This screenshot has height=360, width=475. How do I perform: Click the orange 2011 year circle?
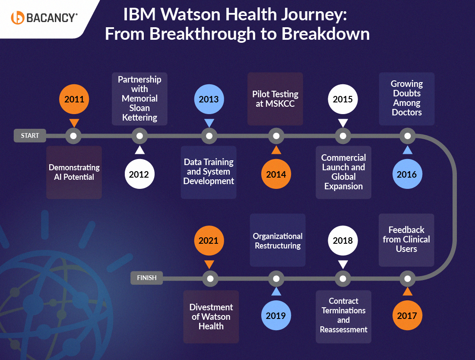(x=74, y=99)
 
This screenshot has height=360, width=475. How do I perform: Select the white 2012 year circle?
(x=139, y=174)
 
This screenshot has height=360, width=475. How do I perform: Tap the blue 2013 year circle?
(x=209, y=99)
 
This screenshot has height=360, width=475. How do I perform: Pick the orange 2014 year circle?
(x=276, y=174)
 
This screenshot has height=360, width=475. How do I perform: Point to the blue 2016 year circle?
(x=407, y=174)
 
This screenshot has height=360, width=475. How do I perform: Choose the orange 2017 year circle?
(x=407, y=315)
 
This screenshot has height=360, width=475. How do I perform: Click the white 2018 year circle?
(x=343, y=241)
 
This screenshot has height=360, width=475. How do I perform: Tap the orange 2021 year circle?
(x=209, y=241)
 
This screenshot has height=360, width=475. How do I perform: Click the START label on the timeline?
(x=30, y=136)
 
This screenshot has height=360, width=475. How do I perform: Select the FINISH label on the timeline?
(x=147, y=278)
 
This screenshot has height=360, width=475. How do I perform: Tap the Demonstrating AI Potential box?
(x=74, y=172)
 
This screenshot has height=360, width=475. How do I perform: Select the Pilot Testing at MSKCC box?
(x=275, y=99)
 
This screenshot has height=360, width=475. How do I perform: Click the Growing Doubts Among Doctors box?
(x=407, y=99)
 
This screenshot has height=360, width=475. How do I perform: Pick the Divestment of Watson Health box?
(x=211, y=317)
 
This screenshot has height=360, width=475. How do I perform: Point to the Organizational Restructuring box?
(x=278, y=241)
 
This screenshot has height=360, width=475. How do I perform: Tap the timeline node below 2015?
(x=343, y=137)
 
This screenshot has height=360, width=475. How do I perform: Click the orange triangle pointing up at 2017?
(x=407, y=292)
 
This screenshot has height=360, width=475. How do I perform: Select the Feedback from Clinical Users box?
(x=406, y=240)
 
